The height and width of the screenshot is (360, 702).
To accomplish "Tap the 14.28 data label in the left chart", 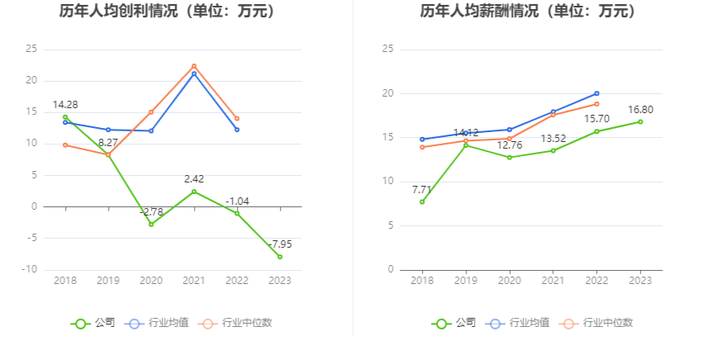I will (65, 105).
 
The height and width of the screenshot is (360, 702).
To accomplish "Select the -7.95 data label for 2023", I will (279, 244).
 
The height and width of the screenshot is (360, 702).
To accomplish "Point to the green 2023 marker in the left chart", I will (280, 257).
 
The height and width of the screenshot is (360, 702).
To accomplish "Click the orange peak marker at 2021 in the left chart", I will (194, 66).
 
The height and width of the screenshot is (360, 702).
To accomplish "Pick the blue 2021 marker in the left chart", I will (194, 73).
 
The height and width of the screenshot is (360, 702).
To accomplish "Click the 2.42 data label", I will (194, 178).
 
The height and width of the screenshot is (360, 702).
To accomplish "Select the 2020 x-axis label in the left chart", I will (151, 281).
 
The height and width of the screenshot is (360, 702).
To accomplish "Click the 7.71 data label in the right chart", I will (422, 189).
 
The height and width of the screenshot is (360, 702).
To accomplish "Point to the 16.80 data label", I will (640, 109).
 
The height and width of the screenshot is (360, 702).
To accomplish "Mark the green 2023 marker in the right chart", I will (640, 121).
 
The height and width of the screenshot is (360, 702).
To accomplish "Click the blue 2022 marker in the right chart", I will (596, 93).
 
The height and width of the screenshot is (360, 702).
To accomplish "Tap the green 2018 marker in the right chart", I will (422, 201).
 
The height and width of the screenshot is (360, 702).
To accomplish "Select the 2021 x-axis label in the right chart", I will (553, 281).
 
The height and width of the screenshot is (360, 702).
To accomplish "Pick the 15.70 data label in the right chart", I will (596, 118).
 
